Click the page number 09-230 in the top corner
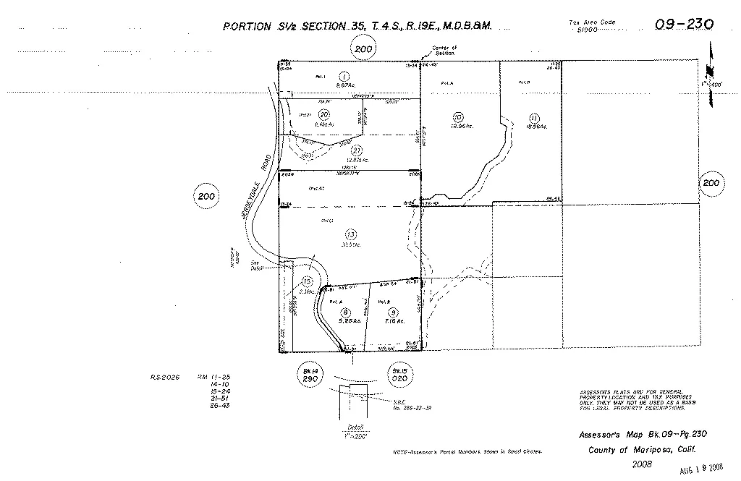[684, 25]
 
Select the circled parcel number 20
[324, 114]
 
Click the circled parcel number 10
[457, 116]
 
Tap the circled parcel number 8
[345, 311]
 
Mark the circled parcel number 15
[308, 281]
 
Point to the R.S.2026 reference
[164, 377]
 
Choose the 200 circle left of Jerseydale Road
[206, 196]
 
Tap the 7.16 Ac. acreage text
[394, 320]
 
